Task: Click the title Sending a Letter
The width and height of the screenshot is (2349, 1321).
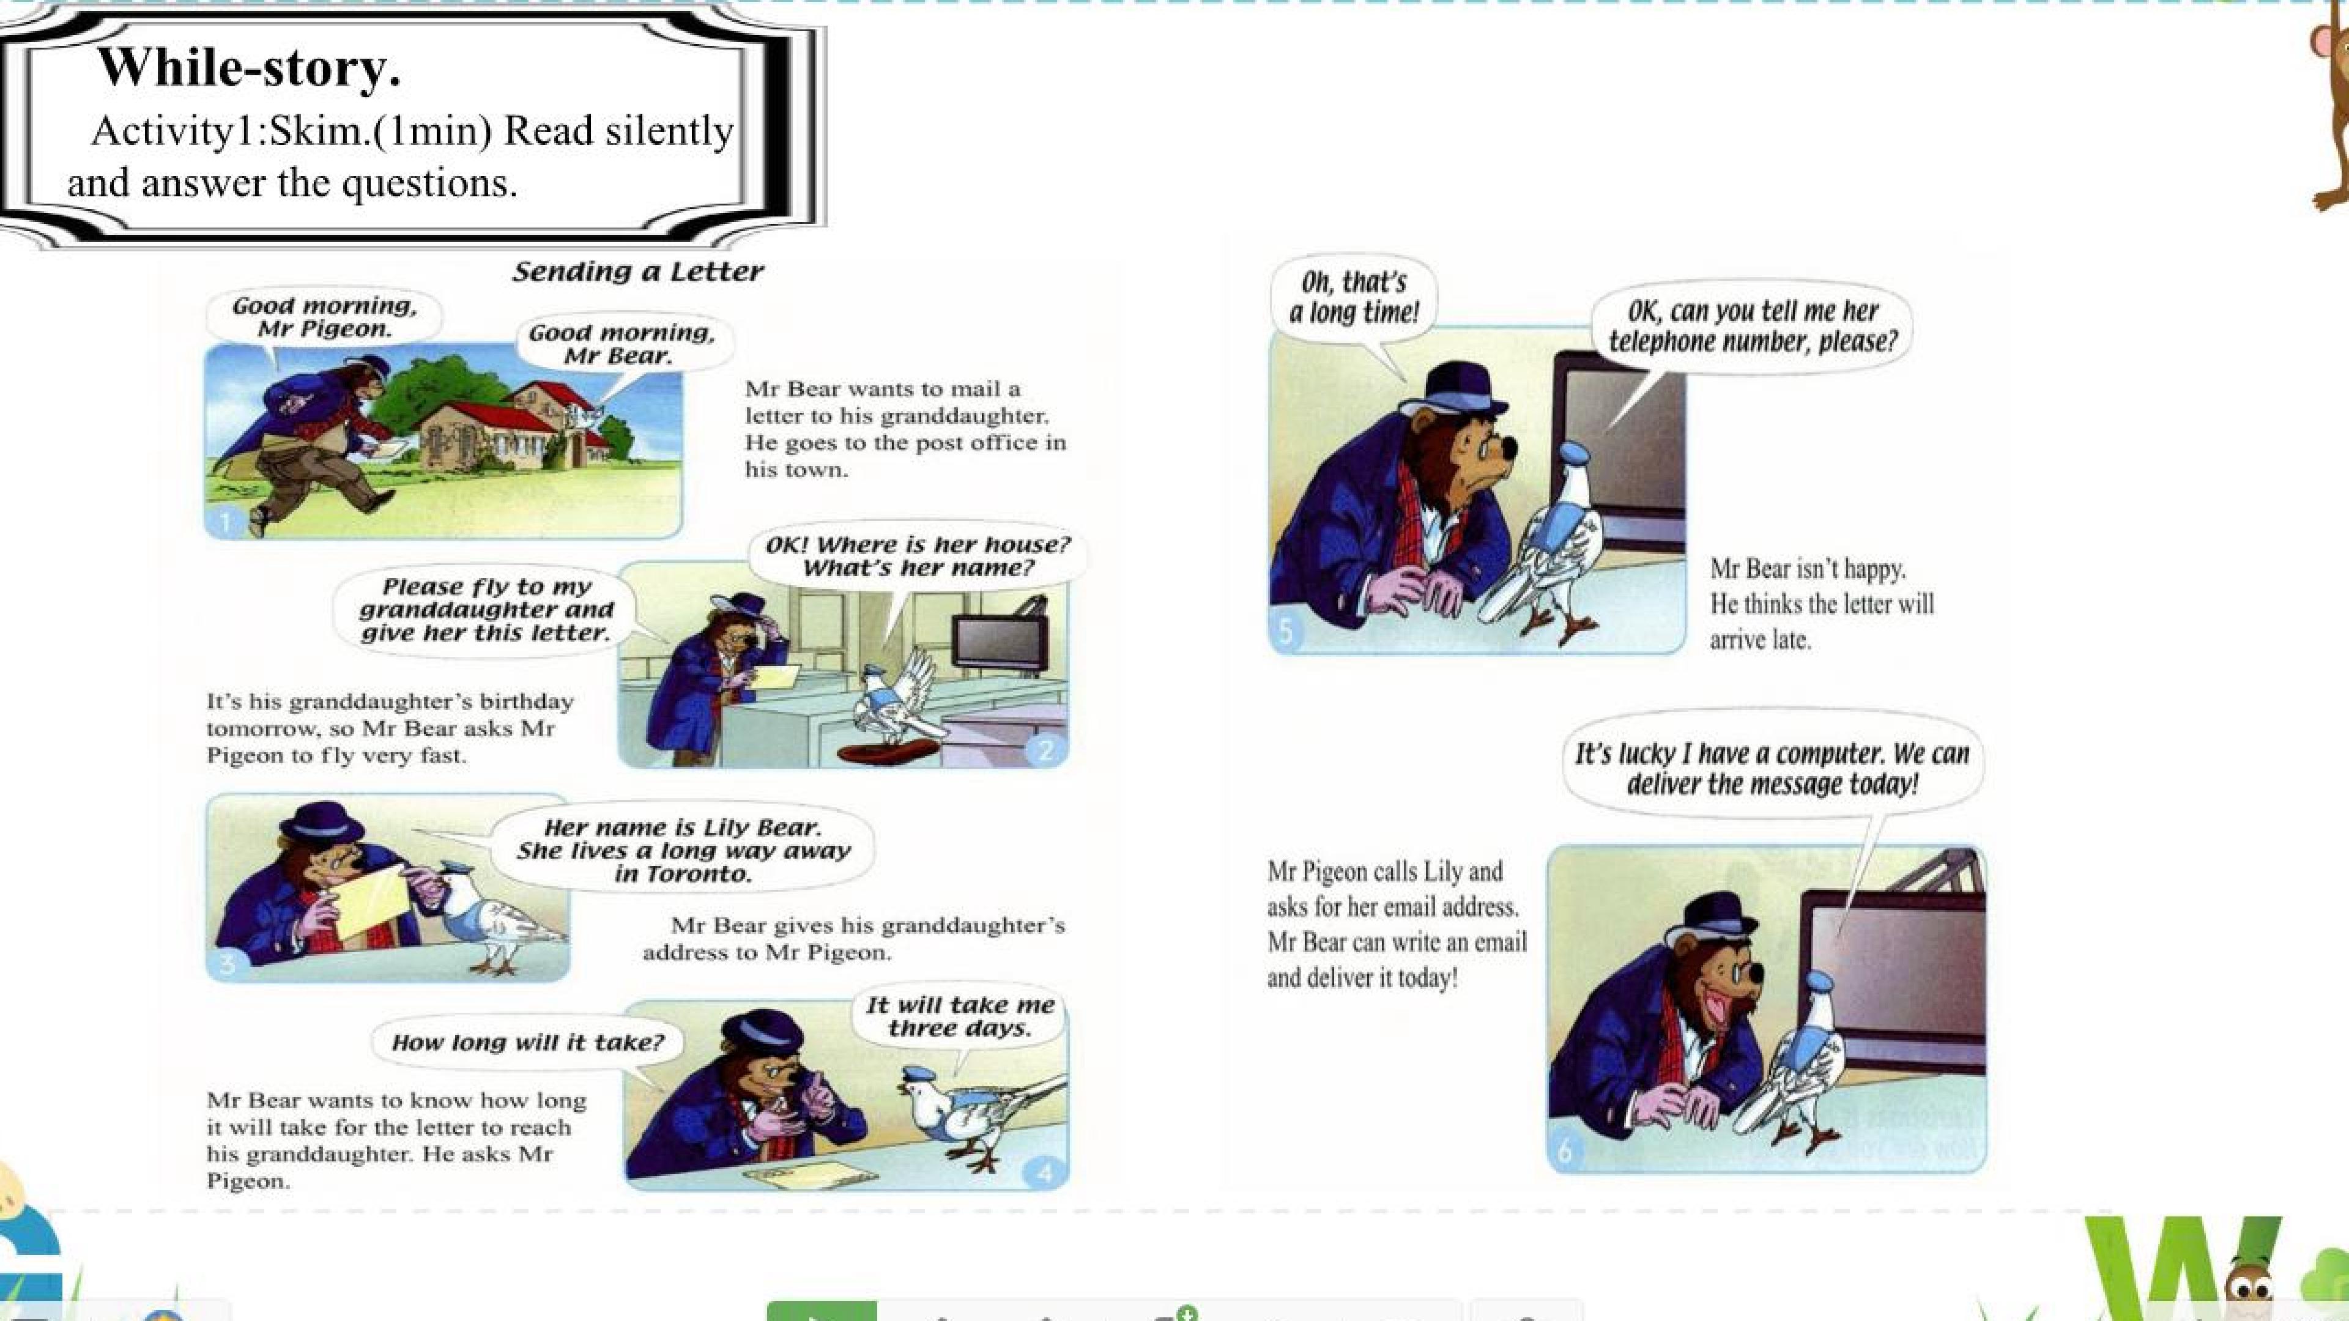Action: [x=637, y=272]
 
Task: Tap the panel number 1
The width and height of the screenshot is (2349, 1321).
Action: [x=225, y=522]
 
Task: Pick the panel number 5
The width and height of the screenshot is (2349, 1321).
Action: [x=1286, y=632]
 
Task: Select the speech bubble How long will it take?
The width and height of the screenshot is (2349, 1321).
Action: [x=527, y=1042]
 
